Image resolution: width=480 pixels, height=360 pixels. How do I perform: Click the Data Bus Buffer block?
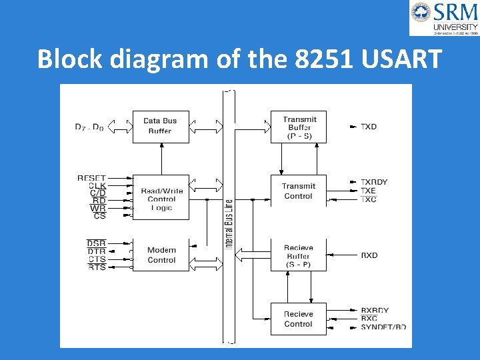click(x=161, y=126)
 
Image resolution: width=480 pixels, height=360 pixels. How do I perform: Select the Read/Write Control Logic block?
click(x=161, y=199)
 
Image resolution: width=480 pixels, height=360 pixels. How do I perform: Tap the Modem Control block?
click(x=161, y=255)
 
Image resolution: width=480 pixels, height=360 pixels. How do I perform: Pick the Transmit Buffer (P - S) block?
click(x=299, y=127)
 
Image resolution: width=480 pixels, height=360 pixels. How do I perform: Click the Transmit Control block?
click(x=298, y=191)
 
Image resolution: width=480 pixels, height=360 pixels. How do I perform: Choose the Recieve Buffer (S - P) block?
click(x=298, y=255)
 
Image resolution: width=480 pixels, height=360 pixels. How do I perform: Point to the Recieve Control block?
click(x=298, y=319)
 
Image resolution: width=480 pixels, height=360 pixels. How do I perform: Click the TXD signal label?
click(x=369, y=127)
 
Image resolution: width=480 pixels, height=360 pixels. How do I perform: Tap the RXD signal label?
click(x=369, y=255)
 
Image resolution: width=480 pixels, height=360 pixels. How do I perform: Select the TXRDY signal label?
click(x=374, y=182)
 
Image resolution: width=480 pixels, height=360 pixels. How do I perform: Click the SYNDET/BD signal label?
click(x=383, y=327)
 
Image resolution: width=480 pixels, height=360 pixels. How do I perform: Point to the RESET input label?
click(x=91, y=178)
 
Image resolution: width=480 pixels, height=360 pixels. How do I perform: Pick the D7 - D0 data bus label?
click(x=89, y=127)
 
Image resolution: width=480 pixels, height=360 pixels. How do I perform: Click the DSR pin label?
click(x=96, y=243)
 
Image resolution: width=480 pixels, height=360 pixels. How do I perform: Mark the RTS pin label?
click(x=97, y=267)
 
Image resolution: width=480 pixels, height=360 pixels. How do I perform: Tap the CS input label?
click(x=99, y=216)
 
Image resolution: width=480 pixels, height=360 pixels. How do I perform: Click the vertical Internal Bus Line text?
click(x=229, y=224)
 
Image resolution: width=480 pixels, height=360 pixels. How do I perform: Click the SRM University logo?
click(x=443, y=18)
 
